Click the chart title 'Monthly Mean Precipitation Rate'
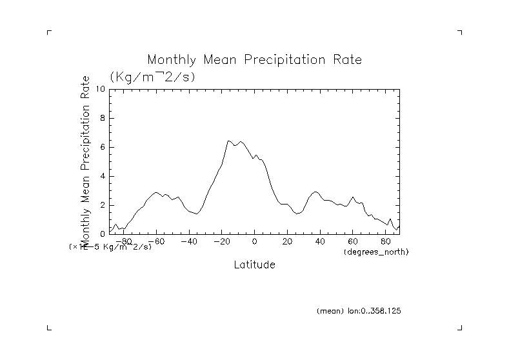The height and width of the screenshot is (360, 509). (x=254, y=59)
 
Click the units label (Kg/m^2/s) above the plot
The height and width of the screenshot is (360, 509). (x=152, y=77)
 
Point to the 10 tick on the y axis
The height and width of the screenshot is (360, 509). (x=101, y=89)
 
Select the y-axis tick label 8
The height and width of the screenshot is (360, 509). (x=103, y=118)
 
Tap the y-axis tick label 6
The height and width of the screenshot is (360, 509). (x=103, y=147)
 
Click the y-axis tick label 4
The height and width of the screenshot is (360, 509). (x=103, y=176)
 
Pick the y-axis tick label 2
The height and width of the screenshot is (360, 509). (x=103, y=205)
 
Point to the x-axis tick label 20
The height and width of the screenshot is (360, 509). (x=288, y=242)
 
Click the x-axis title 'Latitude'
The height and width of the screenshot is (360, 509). (x=254, y=265)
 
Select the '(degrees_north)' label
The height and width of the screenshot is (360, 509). (x=376, y=252)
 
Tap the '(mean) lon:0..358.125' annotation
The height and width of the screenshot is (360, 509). (x=359, y=310)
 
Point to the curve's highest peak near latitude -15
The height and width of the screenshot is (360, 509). (x=229, y=141)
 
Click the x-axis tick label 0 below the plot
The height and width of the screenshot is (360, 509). (x=255, y=242)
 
